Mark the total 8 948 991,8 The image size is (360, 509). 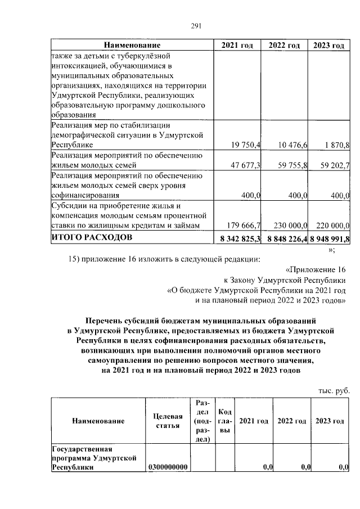point(330,238)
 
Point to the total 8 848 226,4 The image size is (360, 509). point(286,238)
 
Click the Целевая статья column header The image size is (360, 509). point(168,421)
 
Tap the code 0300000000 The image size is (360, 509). point(169,467)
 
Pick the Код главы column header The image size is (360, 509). point(224,421)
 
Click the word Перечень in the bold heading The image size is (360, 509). point(105,319)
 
